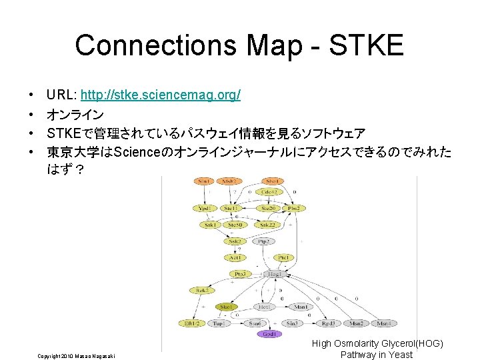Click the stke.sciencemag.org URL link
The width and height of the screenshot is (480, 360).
160,96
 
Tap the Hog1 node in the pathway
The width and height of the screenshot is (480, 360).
273,274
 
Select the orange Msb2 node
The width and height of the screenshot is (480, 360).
229,181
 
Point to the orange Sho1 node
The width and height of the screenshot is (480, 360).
272,181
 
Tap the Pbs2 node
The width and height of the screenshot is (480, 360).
293,208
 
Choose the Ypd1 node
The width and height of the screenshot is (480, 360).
205,208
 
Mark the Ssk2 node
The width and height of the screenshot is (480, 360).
235,241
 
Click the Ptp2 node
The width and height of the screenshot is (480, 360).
263,241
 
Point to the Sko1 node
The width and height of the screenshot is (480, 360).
227,307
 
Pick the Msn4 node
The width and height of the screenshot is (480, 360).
383,323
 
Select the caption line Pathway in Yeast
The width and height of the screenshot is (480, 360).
377,355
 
